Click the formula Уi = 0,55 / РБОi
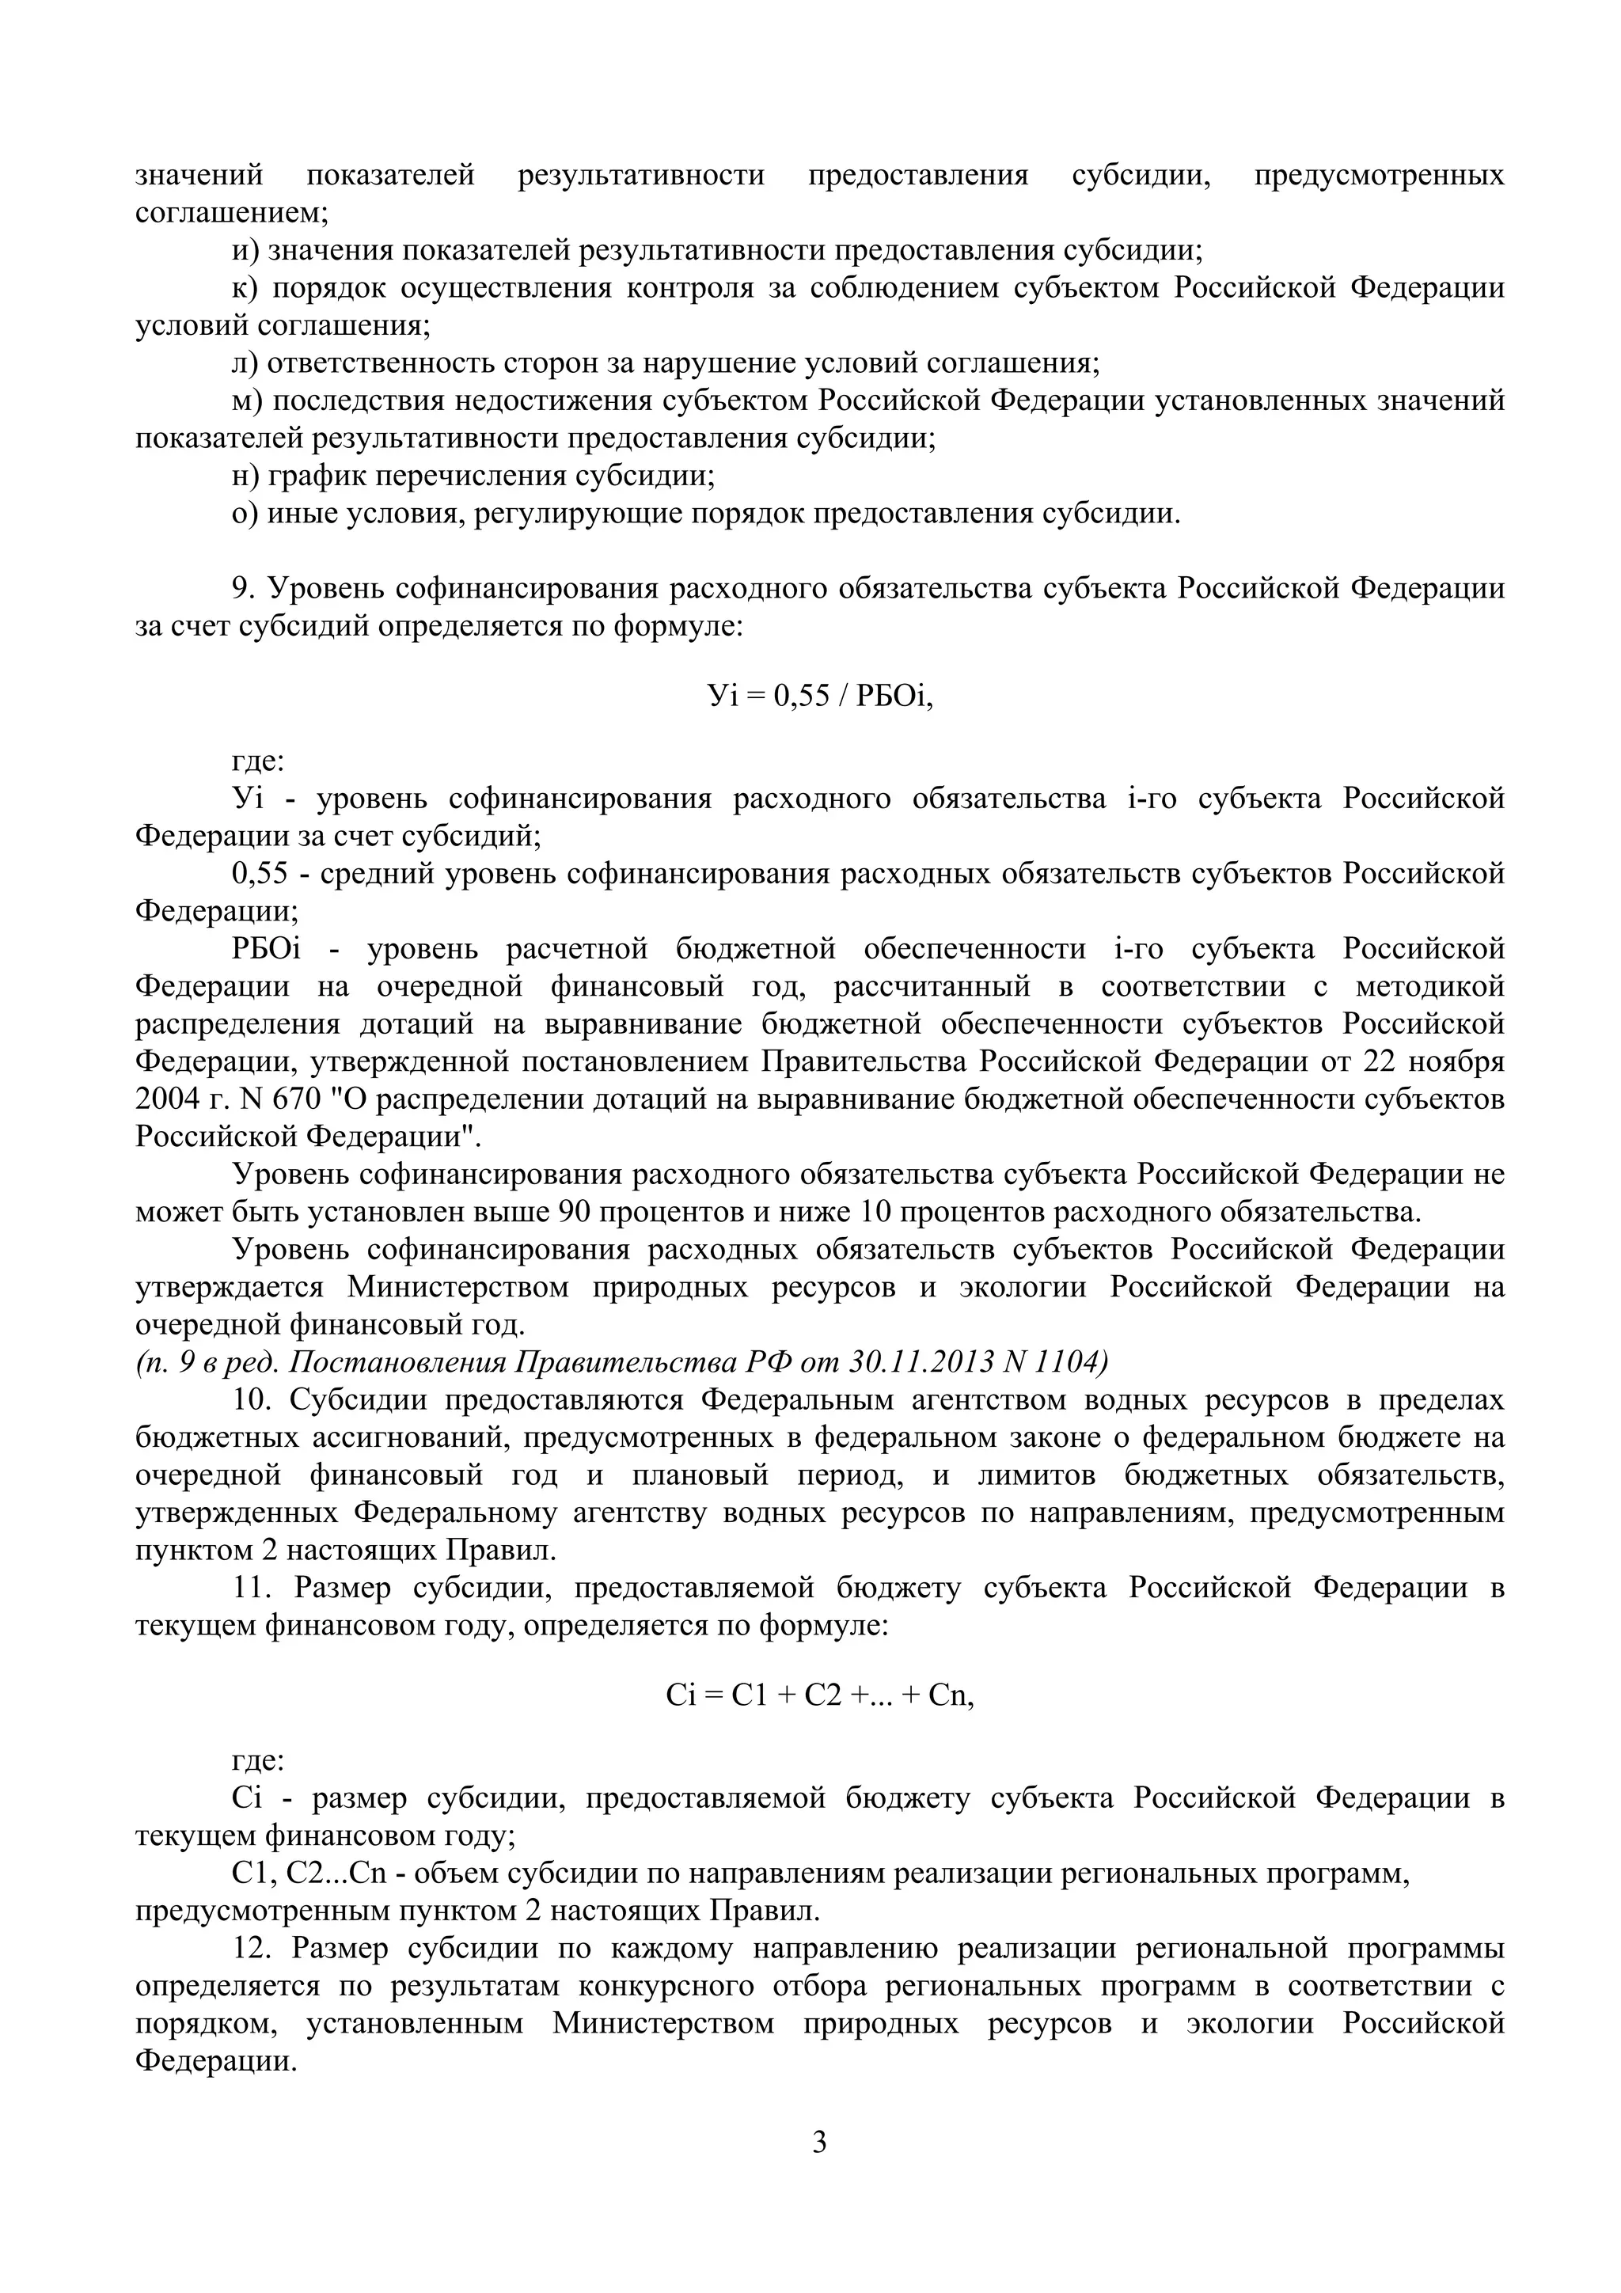click(x=819, y=695)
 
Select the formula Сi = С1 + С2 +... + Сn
click(x=819, y=1694)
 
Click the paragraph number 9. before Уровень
click(x=245, y=588)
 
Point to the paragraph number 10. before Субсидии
click(x=252, y=1399)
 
